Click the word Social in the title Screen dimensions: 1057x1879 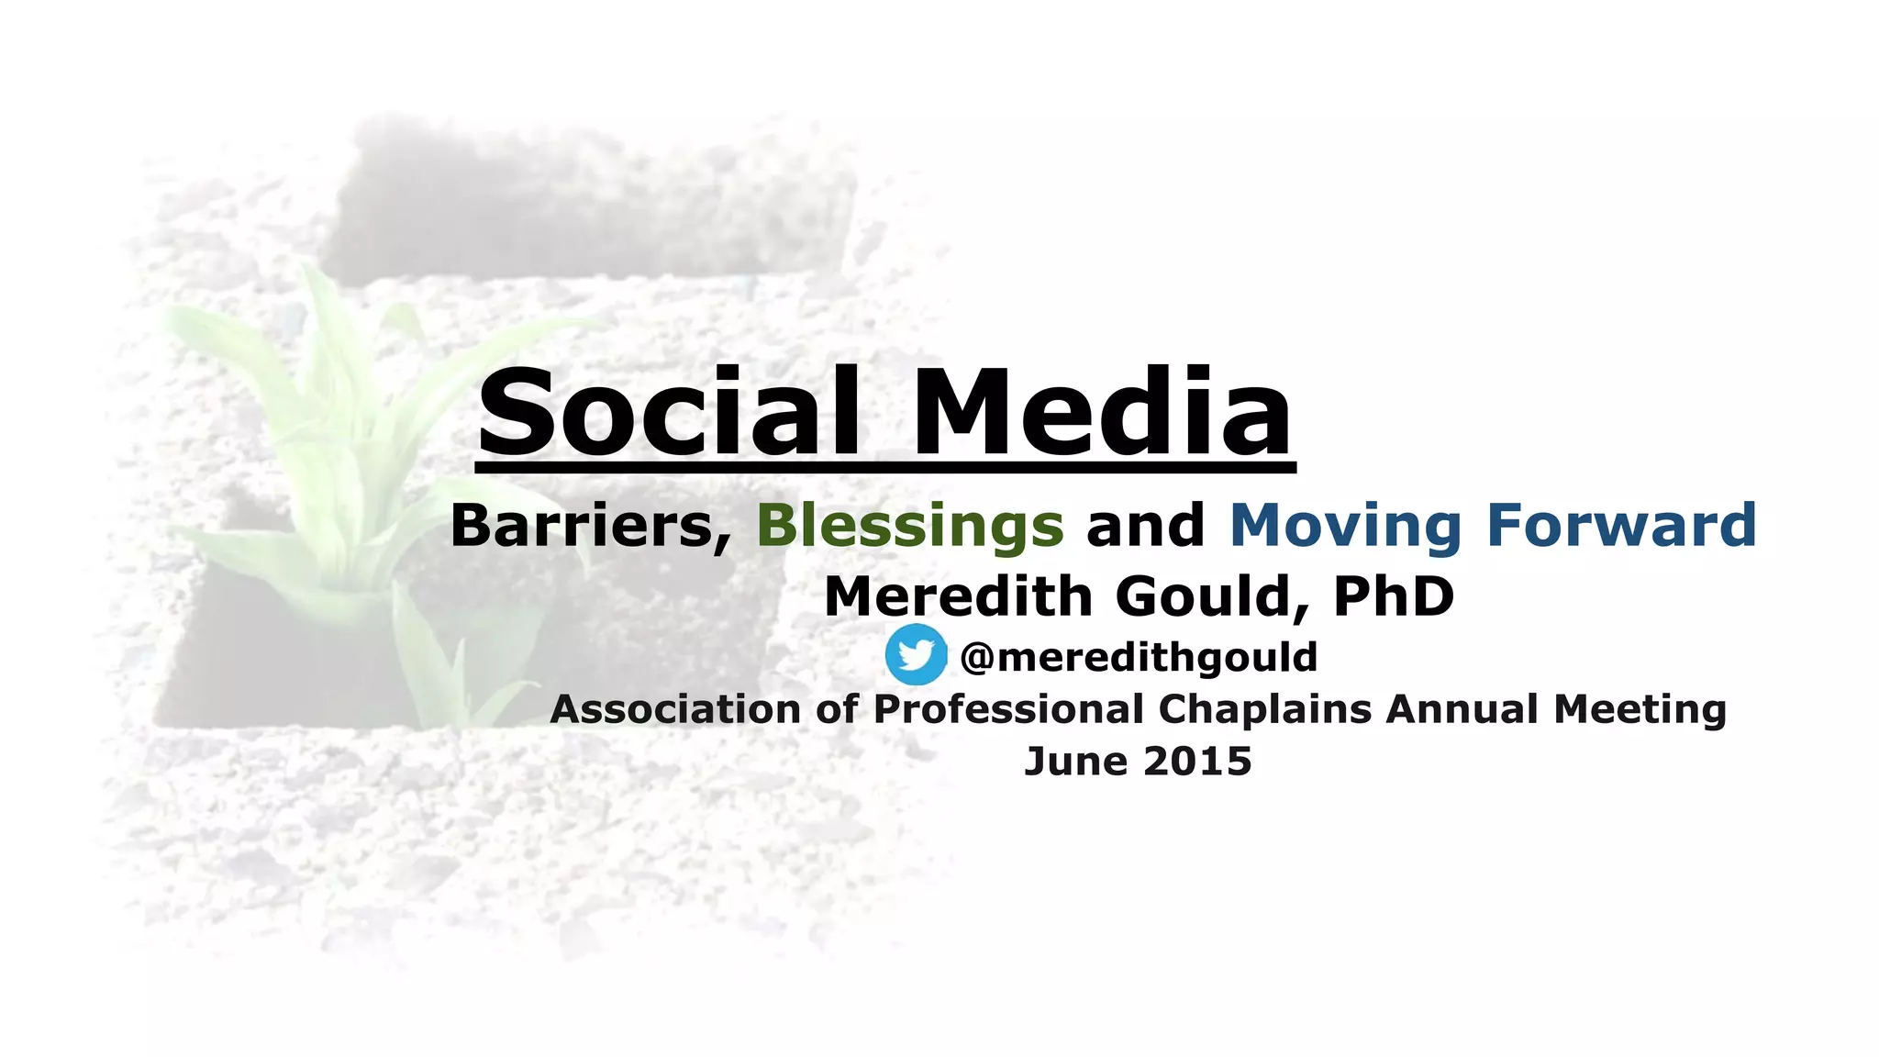coord(668,412)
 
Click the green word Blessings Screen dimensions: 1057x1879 coord(909,526)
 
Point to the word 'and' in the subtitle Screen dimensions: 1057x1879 coord(1145,526)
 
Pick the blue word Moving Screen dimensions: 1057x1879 coord(1345,526)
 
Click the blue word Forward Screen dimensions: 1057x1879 coord(1621,526)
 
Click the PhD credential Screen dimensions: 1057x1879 coord(1394,596)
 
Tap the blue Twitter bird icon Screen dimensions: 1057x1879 coord(916,654)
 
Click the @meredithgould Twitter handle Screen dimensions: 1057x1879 coord(1139,657)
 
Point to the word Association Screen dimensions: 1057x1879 coord(675,709)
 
